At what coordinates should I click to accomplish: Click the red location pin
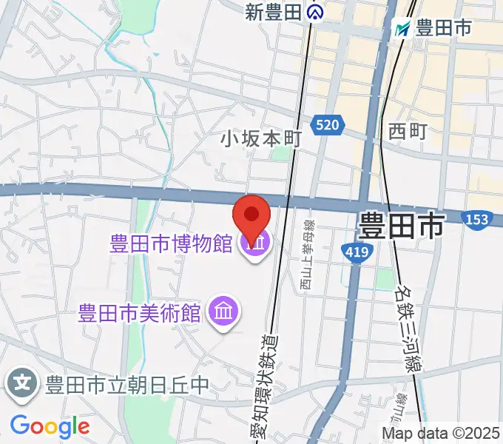click(251, 217)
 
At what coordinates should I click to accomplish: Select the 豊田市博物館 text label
click(172, 243)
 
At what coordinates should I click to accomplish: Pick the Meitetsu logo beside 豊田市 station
click(403, 28)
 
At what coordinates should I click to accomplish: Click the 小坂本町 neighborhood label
click(261, 138)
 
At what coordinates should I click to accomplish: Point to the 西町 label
click(408, 131)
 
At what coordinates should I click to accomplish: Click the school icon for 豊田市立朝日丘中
click(23, 384)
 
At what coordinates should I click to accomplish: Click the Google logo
click(50, 426)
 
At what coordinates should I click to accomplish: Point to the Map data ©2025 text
click(441, 433)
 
